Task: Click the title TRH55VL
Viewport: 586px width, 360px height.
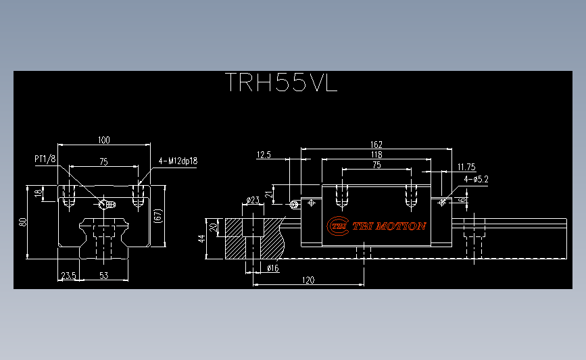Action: tap(281, 82)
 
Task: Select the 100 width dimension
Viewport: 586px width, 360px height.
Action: tap(104, 140)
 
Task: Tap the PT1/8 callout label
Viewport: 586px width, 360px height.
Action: tap(45, 159)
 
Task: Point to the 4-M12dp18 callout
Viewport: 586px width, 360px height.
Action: tap(178, 161)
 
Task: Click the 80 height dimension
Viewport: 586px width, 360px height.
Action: tap(23, 222)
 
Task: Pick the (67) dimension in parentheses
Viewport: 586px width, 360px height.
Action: tap(158, 216)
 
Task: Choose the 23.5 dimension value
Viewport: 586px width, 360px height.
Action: tap(68, 276)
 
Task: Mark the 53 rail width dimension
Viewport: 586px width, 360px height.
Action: tap(104, 276)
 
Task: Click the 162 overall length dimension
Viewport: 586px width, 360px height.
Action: tap(376, 145)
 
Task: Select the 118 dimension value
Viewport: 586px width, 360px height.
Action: tap(376, 155)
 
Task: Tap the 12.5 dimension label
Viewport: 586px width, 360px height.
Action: tap(264, 155)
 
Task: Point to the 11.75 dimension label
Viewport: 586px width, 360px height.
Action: tap(466, 167)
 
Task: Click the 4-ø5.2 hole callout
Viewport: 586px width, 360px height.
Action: tap(476, 179)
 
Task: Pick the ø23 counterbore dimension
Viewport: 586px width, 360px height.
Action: tap(253, 200)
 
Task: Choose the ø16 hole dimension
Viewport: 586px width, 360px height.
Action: tap(273, 268)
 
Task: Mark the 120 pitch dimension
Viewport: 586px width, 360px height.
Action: tap(308, 280)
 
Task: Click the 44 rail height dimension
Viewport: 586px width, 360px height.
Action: tap(202, 238)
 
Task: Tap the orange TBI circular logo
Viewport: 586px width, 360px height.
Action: tap(338, 226)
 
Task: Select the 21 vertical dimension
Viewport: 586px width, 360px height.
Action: tap(269, 195)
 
